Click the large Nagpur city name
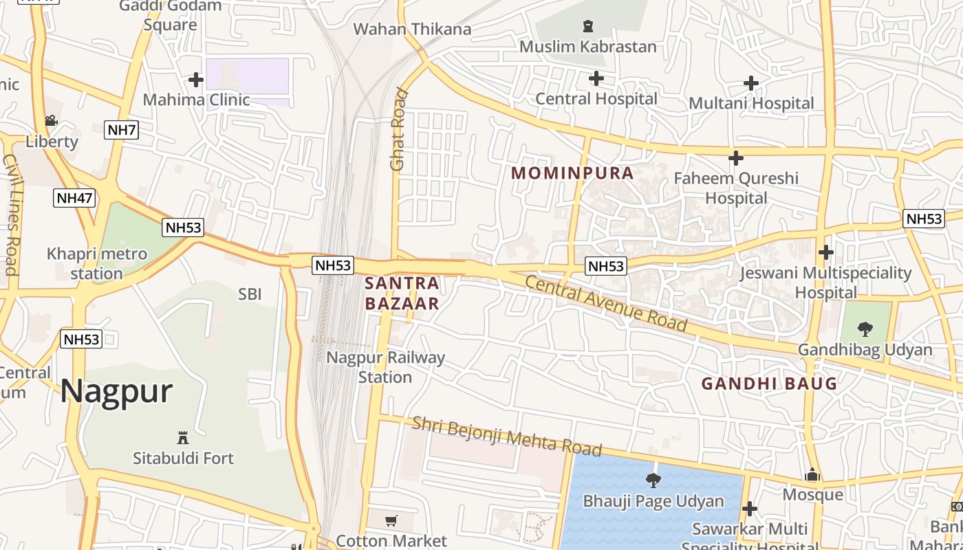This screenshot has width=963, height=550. [x=116, y=391]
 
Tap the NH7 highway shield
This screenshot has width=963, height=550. [x=121, y=130]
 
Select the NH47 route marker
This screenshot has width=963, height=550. [x=74, y=198]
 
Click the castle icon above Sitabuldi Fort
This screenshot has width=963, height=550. [x=183, y=437]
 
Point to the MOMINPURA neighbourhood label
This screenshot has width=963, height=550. [x=572, y=173]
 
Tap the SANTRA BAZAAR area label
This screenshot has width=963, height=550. [x=402, y=293]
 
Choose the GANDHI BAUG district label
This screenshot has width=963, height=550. [x=769, y=384]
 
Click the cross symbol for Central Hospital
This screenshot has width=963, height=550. [x=596, y=78]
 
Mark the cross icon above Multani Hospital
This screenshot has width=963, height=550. [x=751, y=83]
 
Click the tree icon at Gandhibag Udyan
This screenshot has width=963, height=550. [x=865, y=329]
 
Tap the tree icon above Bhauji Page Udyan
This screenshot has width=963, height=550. [x=653, y=480]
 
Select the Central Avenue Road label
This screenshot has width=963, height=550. [x=606, y=302]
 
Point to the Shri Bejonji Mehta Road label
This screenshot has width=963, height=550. [x=507, y=436]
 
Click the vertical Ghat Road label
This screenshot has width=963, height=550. [x=399, y=129]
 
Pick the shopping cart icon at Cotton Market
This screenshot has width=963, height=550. [x=391, y=520]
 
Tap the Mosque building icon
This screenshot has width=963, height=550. [x=812, y=475]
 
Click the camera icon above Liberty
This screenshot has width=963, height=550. [x=51, y=121]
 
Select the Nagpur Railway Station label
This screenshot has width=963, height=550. [x=385, y=367]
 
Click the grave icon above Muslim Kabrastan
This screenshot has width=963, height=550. [x=587, y=27]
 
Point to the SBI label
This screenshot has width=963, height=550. [x=250, y=294]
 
